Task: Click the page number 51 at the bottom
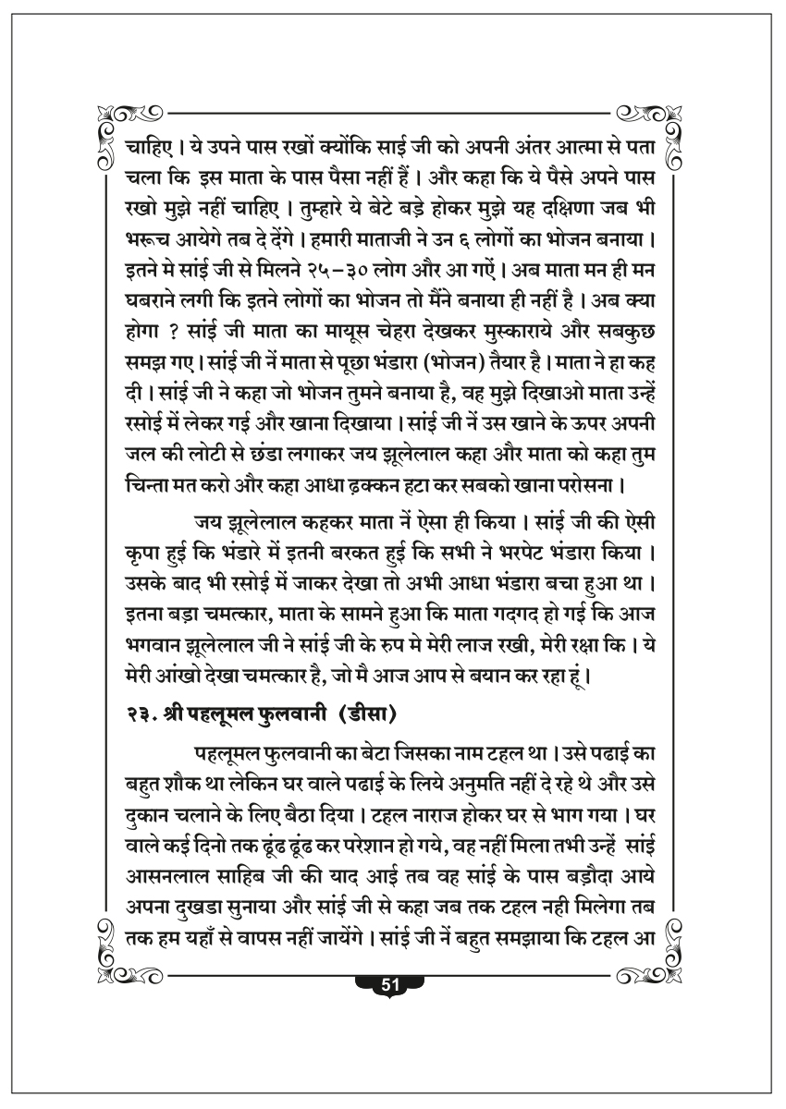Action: (389, 985)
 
